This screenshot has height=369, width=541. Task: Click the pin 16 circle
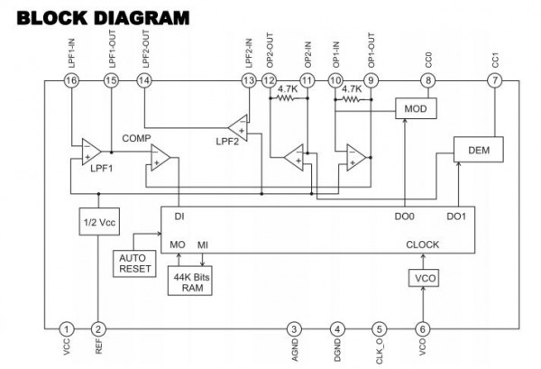tap(71, 81)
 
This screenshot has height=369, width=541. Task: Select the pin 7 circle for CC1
tap(495, 81)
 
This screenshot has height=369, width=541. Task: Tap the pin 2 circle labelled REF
tap(98, 329)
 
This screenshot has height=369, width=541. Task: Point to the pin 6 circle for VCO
tap(423, 329)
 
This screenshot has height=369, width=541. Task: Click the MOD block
tap(416, 108)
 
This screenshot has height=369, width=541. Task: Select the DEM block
tap(478, 150)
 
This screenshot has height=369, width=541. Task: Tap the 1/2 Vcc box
tap(99, 222)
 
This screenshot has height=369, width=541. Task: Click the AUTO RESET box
tap(134, 263)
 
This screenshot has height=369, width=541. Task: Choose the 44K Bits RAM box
tap(189, 281)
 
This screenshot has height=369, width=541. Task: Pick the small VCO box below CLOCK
tap(424, 278)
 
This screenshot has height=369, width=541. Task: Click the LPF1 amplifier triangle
tap(91, 152)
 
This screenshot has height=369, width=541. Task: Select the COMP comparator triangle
tap(160, 157)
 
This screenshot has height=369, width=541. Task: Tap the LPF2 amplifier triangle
tap(239, 128)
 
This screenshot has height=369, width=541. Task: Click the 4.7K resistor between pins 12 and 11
tap(288, 98)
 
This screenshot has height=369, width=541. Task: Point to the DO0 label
tap(404, 217)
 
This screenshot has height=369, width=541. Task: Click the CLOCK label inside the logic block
tap(423, 244)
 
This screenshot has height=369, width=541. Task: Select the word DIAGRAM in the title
tap(142, 18)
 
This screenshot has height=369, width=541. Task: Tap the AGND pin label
tap(295, 351)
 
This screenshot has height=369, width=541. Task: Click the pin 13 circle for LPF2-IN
tap(249, 81)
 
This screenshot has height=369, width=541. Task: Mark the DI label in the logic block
tap(179, 217)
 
